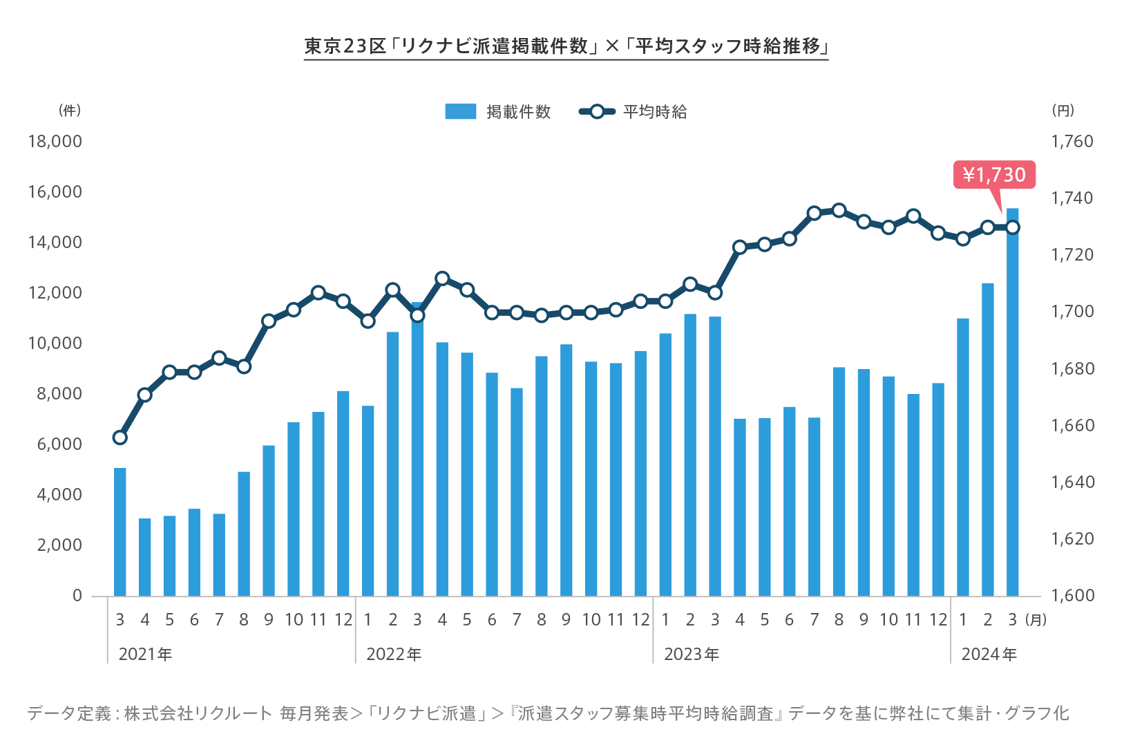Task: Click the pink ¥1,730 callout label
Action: [x=994, y=175]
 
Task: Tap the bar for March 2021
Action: [x=120, y=532]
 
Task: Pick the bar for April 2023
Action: [x=740, y=508]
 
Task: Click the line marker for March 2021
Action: [x=120, y=437]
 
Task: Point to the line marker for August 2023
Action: [x=839, y=211]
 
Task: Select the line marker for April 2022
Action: [x=442, y=279]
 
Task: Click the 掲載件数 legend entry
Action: [x=498, y=112]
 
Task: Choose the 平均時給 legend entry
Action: [x=634, y=112]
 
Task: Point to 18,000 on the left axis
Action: [x=55, y=142]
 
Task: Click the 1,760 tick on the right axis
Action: [x=1072, y=142]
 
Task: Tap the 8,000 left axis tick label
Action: [x=59, y=394]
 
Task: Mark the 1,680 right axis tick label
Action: [x=1072, y=369]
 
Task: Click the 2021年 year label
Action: [x=145, y=655]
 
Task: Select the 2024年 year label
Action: [x=989, y=655]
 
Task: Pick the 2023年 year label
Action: [x=692, y=655]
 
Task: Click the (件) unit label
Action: [x=70, y=111]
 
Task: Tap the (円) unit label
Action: [x=1063, y=111]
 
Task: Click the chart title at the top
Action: [x=566, y=46]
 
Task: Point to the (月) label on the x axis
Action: [x=1036, y=620]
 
